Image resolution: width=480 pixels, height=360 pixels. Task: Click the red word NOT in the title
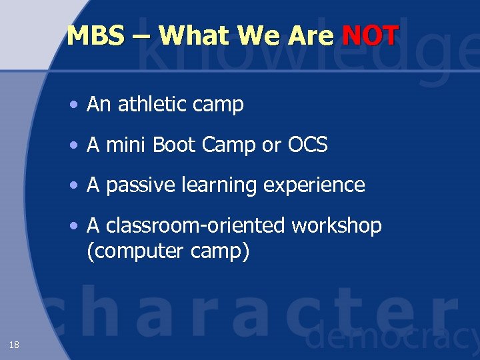point(370,35)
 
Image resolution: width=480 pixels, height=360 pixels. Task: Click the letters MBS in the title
point(95,35)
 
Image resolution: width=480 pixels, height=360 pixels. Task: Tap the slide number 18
point(14,345)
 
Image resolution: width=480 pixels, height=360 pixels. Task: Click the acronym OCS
point(307,145)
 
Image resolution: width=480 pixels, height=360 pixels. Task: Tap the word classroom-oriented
point(195,226)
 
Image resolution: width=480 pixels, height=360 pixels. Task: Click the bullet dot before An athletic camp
point(77,105)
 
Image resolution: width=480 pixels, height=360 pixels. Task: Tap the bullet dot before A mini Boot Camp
point(77,145)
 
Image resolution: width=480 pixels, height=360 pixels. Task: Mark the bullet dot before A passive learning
point(77,186)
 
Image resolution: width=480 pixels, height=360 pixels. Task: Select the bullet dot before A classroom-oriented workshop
point(77,227)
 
